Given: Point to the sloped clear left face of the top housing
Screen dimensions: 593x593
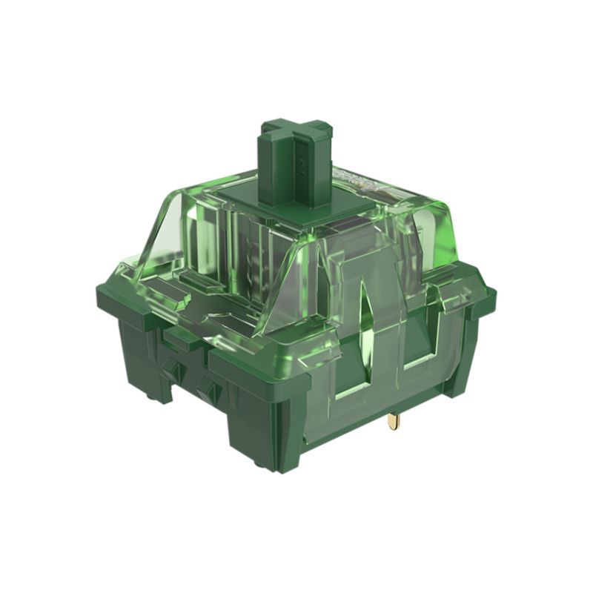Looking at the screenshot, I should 167,230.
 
